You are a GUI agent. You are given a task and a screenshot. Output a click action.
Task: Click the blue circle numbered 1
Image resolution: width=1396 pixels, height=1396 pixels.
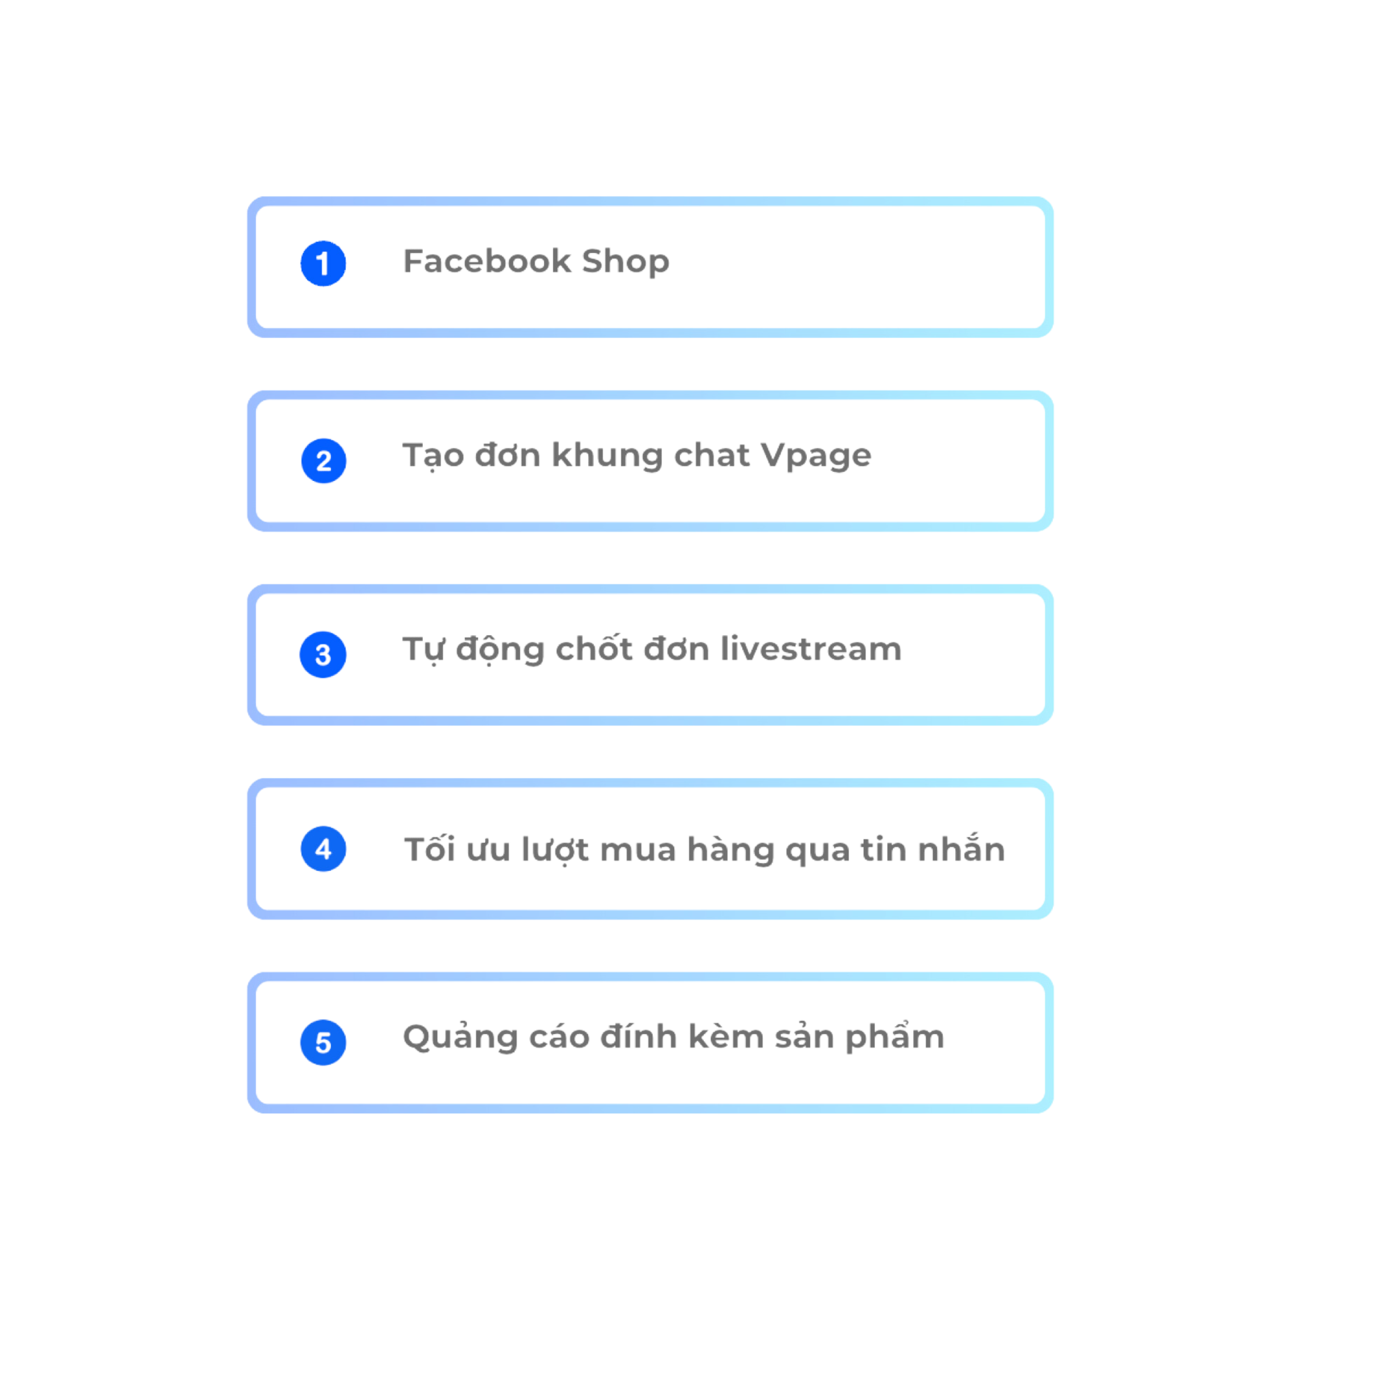[323, 263]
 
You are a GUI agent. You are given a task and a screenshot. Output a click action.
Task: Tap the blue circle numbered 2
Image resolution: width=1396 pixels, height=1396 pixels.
[323, 460]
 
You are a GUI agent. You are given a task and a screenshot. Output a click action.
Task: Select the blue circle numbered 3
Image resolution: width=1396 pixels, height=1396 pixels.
[323, 654]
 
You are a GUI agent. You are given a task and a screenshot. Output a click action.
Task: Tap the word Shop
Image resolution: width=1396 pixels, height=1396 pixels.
[625, 261]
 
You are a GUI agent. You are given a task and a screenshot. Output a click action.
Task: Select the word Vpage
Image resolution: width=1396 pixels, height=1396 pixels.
[817, 456]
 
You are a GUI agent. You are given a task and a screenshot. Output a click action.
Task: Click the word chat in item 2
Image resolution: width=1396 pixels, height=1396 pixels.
[712, 455]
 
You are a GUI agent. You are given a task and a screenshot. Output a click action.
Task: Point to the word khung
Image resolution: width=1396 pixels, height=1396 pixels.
[607, 456]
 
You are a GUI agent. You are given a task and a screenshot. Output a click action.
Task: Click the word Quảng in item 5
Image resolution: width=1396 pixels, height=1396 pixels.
[460, 1038]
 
